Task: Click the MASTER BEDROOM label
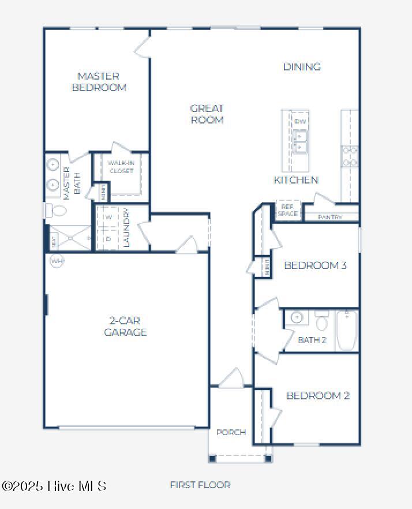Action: pos(99,82)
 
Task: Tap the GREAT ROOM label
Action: pos(207,114)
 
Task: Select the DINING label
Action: pos(301,67)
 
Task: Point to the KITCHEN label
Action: pos(295,180)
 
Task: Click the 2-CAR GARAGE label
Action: pos(125,326)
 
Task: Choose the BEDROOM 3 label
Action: pos(315,265)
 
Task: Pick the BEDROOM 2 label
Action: pos(318,396)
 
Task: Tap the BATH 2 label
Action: pos(312,340)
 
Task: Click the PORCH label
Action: pos(231,432)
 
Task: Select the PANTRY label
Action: pos(330,218)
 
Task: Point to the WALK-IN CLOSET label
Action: pos(121,167)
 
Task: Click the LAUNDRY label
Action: pos(127,227)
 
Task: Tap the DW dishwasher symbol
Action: pos(300,121)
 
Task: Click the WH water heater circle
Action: pos(57,261)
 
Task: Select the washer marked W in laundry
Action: pos(108,218)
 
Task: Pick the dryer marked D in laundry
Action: pos(108,238)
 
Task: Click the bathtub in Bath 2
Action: pos(347,331)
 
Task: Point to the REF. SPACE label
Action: pos(287,211)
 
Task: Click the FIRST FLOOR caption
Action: pos(200,485)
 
